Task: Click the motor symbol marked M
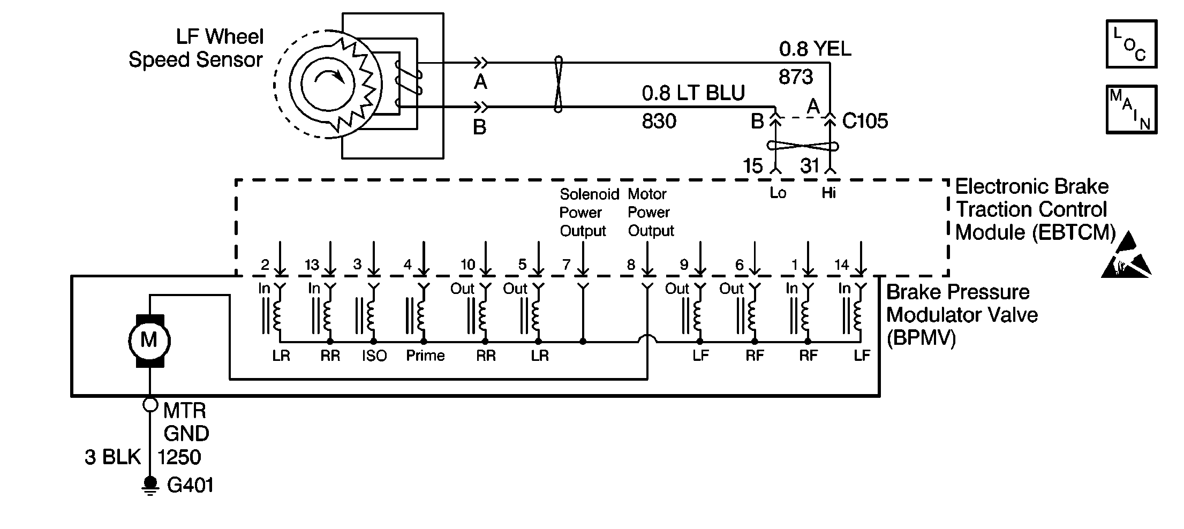tap(149, 341)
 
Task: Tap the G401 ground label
tap(190, 486)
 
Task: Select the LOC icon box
tap(1132, 44)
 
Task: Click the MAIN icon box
tap(1132, 109)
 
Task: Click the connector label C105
tap(865, 121)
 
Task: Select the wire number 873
tap(796, 78)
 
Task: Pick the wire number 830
tap(659, 122)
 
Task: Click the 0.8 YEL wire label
tap(815, 49)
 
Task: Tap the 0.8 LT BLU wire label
tap(693, 94)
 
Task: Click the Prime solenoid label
tap(425, 356)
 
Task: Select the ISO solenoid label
tap(374, 356)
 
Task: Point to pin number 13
tap(312, 264)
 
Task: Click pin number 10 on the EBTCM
tap(467, 264)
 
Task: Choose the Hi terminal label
tap(828, 193)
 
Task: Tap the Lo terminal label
tap(778, 193)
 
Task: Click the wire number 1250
tap(179, 457)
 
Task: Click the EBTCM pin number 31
tap(810, 166)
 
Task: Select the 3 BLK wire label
tap(112, 457)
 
